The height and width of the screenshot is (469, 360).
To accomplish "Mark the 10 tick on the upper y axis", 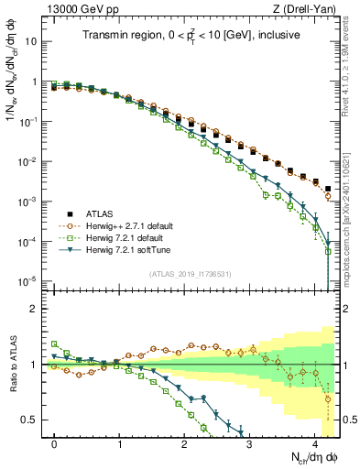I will click(33, 41).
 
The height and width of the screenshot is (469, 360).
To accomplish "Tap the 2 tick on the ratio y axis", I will click(36, 309).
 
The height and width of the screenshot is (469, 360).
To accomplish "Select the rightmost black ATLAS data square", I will click(328, 189).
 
